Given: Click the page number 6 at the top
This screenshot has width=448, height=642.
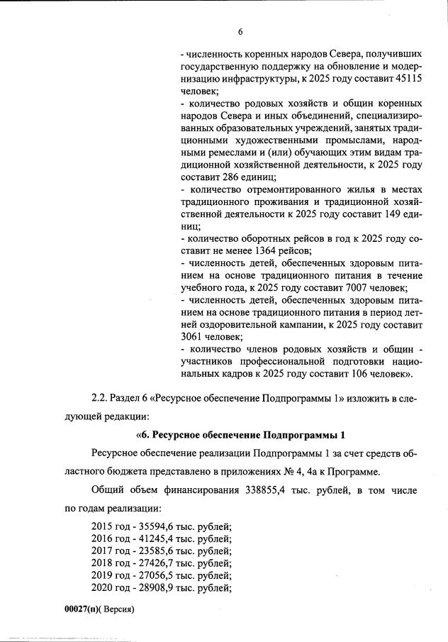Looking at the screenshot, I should [x=240, y=32].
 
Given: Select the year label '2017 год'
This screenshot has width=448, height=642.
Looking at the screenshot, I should [x=111, y=551].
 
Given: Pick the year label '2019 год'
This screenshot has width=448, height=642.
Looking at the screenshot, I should [x=111, y=575].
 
